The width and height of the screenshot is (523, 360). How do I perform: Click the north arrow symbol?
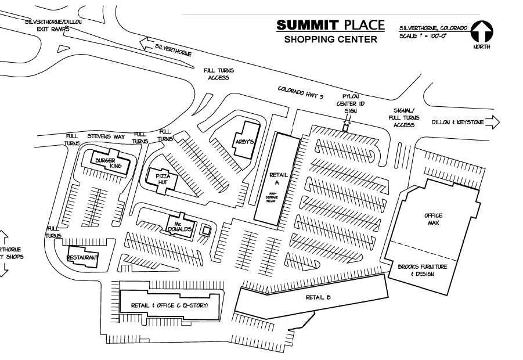point(481,31)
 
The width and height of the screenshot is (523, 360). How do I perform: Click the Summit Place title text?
point(330,25)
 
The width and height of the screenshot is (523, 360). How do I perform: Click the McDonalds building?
point(179,225)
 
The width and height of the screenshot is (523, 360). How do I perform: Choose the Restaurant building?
point(82,257)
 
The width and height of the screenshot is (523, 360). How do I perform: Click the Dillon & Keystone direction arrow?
point(492,122)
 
